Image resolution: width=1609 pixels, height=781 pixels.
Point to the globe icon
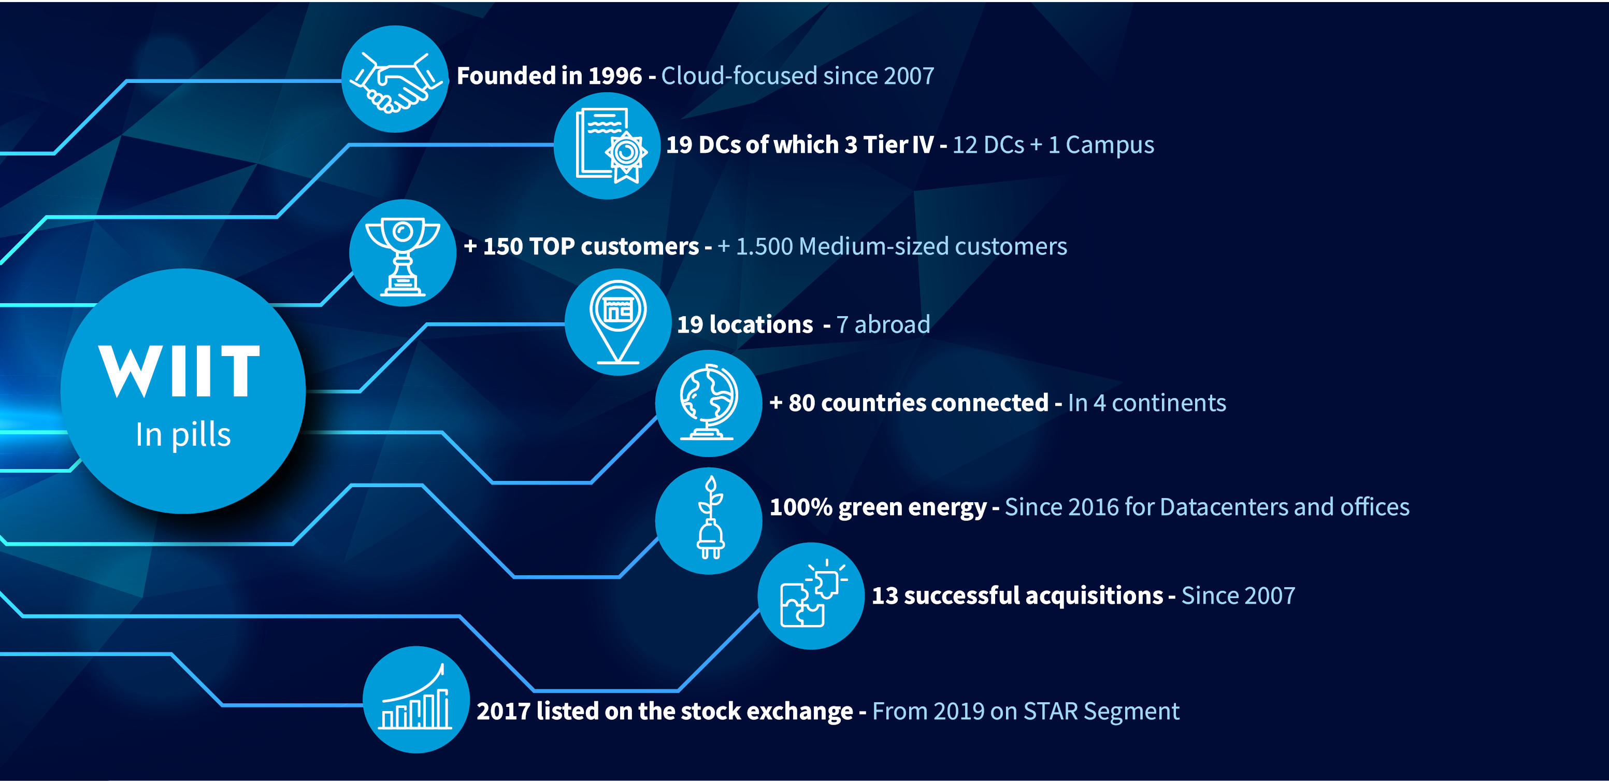pos(708,402)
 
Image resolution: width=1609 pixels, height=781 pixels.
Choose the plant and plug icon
pos(710,518)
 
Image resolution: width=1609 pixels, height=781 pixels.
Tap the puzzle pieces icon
pos(812,594)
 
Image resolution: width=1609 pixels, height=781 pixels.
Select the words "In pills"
pos(183,434)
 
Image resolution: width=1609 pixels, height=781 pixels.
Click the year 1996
pos(615,76)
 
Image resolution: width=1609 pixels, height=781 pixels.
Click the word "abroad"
pos(892,324)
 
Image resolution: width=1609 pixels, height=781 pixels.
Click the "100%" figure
pos(801,507)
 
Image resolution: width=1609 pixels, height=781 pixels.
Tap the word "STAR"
pos(1051,711)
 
